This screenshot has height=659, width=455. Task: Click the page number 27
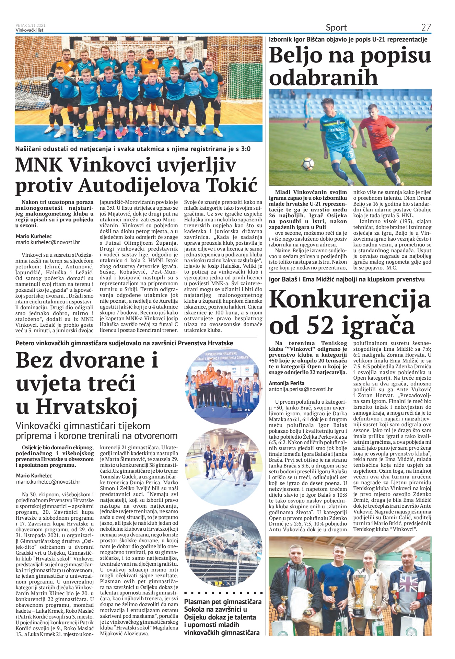click(426, 27)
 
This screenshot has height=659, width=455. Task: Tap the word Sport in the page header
click(336, 27)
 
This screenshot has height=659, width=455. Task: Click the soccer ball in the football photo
click(307, 164)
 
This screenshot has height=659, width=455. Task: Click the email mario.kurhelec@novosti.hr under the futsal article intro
click(48, 242)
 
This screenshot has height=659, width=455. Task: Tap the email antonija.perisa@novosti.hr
click(301, 389)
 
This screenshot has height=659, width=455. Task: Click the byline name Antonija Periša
click(287, 383)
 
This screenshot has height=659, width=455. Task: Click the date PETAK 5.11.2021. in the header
click(31, 25)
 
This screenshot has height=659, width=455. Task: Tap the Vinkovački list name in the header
click(30, 30)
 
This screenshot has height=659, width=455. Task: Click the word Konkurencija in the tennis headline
click(350, 299)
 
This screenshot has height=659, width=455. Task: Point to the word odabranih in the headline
click(323, 78)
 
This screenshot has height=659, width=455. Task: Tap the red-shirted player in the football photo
click(378, 137)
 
